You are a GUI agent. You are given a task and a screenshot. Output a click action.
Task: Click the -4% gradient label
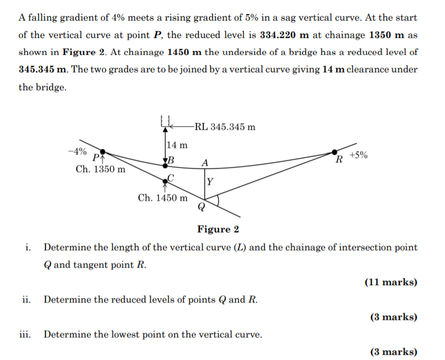click(77, 151)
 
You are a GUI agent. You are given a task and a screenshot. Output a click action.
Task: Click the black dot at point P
click(103, 153)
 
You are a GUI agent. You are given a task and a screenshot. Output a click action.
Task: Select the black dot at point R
click(334, 153)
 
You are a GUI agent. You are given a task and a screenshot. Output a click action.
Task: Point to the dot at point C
click(165, 180)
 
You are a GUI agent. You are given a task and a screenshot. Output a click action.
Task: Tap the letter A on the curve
click(205, 162)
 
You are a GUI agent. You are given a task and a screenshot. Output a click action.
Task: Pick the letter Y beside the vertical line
click(210, 182)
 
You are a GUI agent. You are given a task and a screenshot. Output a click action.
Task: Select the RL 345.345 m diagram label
click(225, 127)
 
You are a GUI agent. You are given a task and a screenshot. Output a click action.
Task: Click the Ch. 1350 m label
click(101, 169)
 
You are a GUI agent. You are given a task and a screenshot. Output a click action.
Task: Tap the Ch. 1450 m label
click(163, 198)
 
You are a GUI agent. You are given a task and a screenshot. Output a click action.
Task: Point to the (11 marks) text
click(391, 282)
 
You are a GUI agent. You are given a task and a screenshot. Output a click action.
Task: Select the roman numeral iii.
click(25, 334)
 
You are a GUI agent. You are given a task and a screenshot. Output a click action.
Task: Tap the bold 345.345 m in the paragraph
click(42, 70)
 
